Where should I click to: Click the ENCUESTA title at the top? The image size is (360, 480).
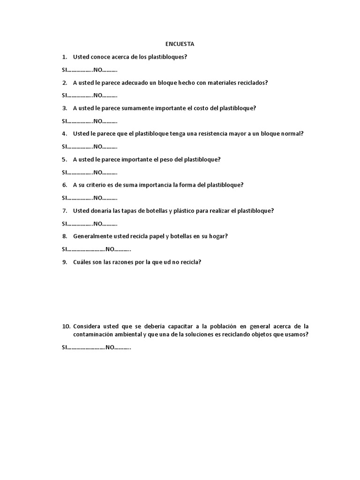coord(180,44)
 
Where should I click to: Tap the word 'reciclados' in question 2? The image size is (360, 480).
coord(252,82)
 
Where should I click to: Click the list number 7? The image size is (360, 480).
coord(65,211)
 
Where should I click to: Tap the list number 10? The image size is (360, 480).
coord(66,326)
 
